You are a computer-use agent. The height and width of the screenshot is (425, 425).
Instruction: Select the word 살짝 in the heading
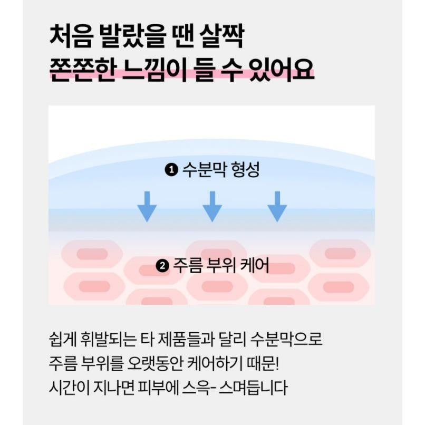pyautogui.click(x=222, y=36)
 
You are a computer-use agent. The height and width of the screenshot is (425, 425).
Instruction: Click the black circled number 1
pyautogui.click(x=171, y=170)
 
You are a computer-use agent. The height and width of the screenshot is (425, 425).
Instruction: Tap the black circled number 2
pyautogui.click(x=162, y=266)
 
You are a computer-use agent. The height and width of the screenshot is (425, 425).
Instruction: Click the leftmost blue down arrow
pyautogui.click(x=147, y=207)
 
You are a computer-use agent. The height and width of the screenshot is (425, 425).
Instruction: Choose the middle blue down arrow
pyautogui.click(x=213, y=207)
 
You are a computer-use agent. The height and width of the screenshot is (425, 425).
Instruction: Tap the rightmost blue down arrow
pyautogui.click(x=277, y=207)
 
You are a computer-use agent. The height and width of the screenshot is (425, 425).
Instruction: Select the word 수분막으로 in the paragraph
pyautogui.click(x=286, y=339)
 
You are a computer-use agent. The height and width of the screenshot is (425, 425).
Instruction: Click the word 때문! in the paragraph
pyautogui.click(x=263, y=363)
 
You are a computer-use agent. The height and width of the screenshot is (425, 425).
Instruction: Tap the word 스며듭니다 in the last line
pyautogui.click(x=253, y=388)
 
